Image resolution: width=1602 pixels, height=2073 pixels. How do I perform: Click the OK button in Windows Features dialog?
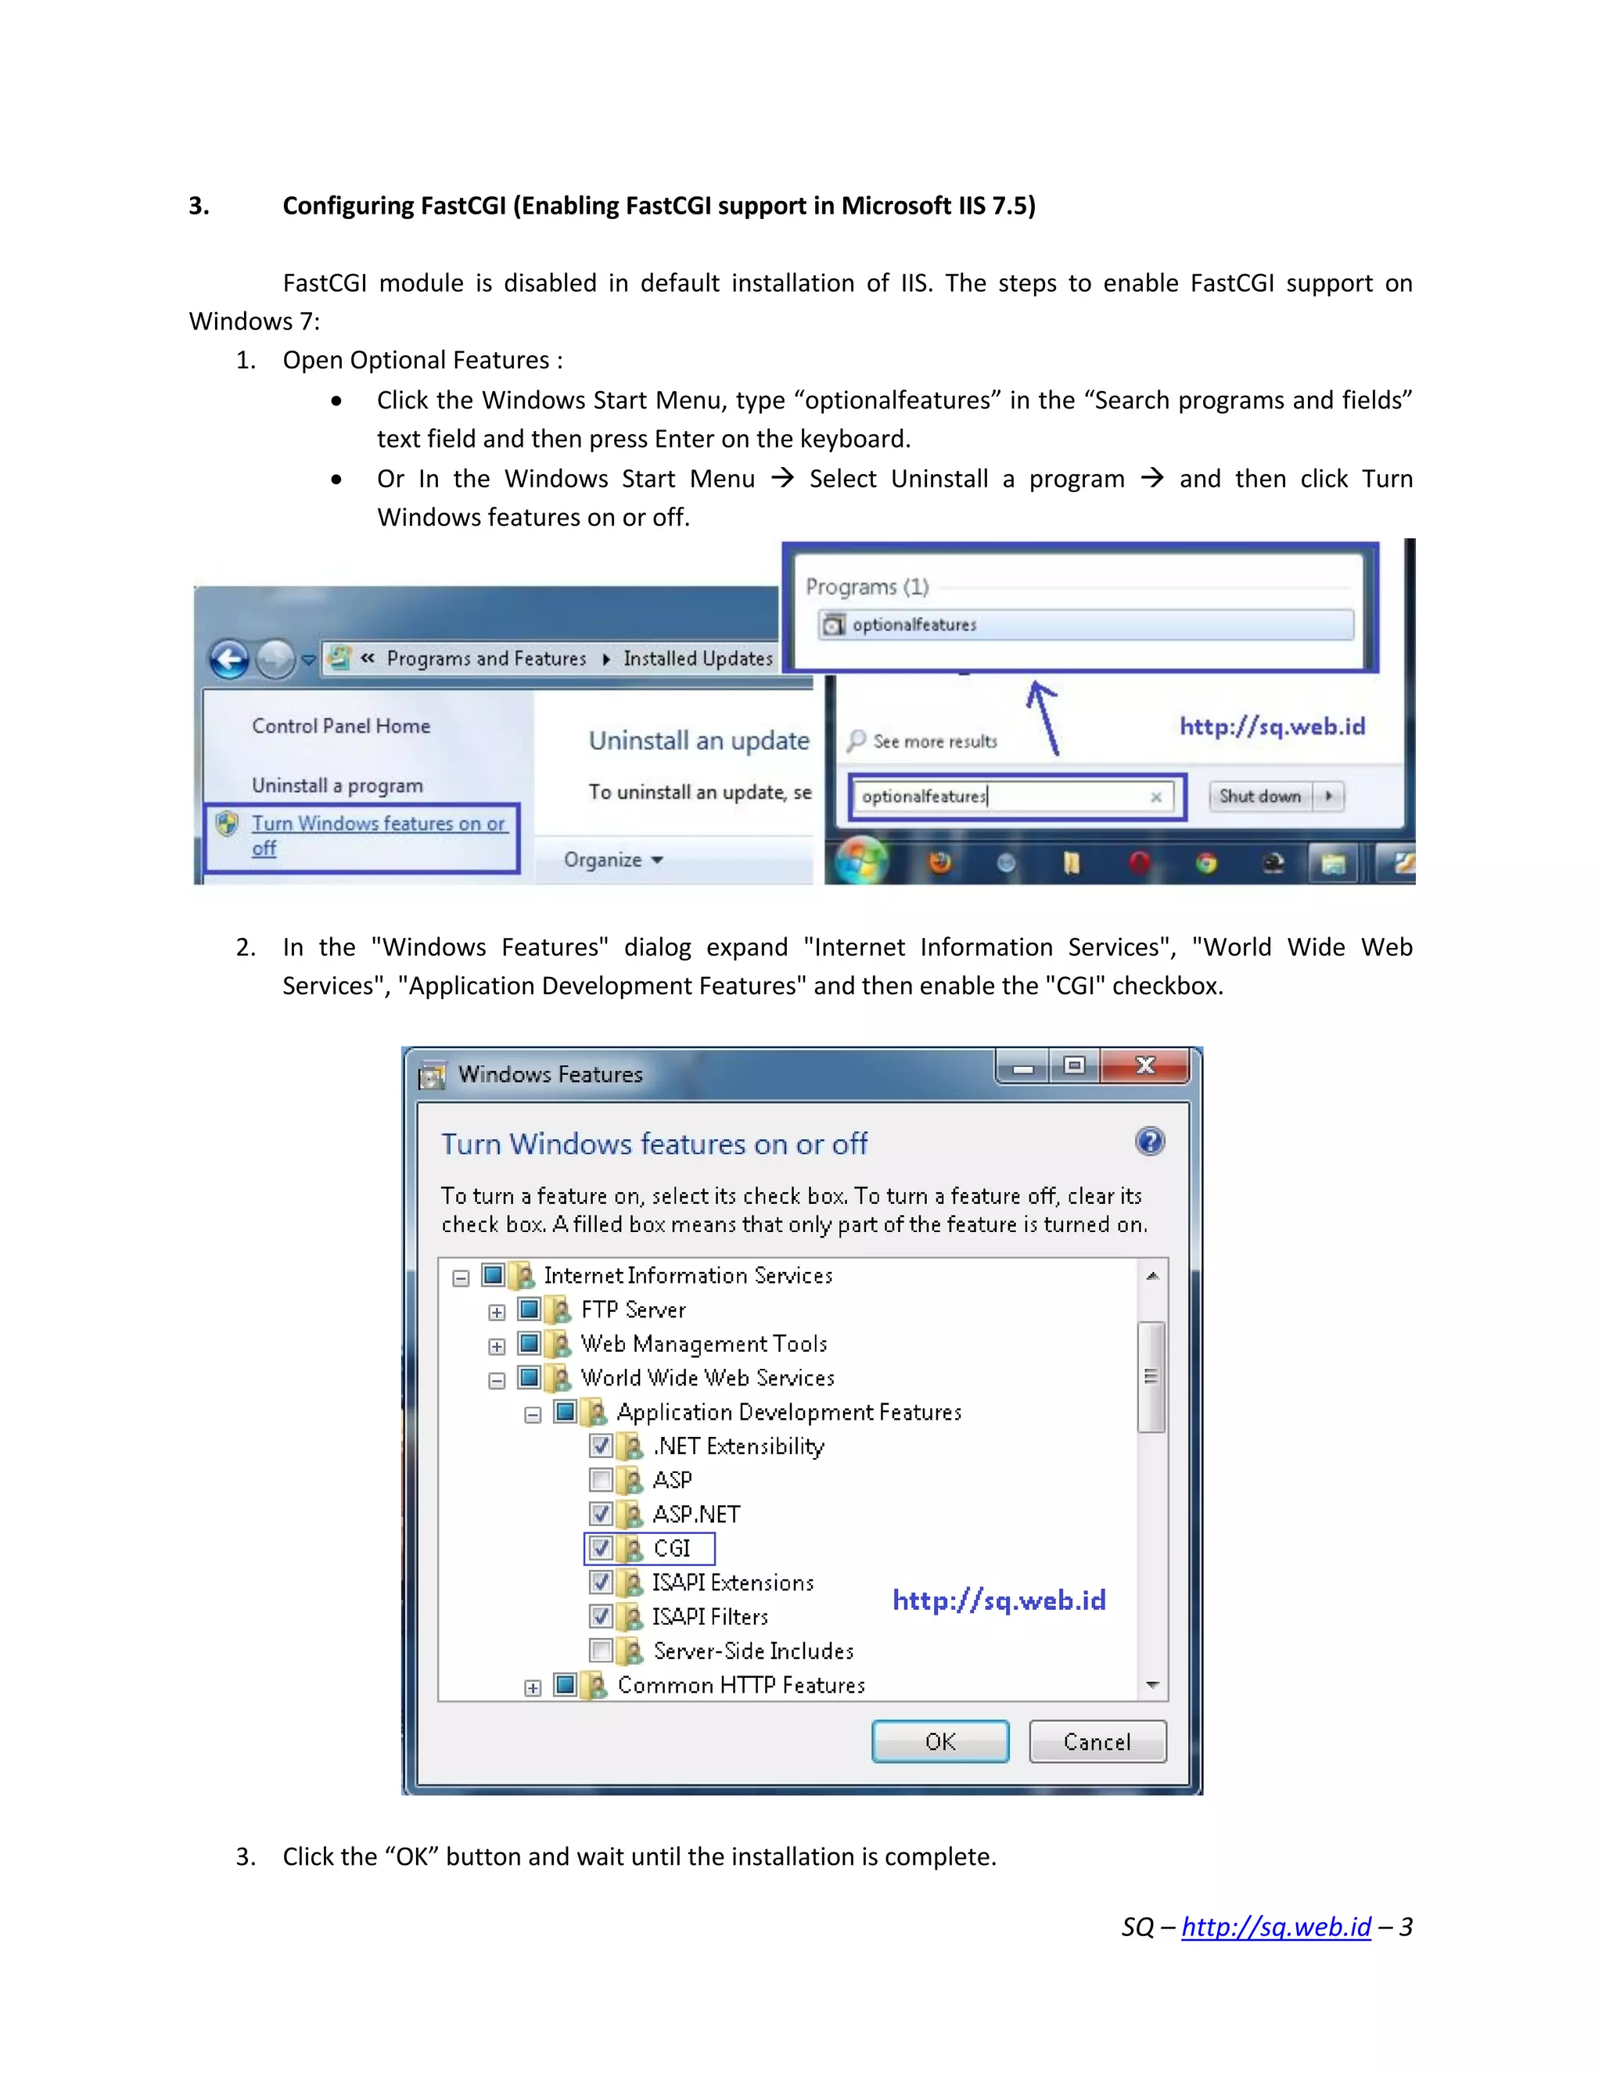tap(939, 1741)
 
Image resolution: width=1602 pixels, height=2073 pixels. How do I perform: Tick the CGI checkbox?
tap(601, 1548)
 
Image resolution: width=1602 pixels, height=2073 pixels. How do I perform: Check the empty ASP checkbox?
tap(601, 1480)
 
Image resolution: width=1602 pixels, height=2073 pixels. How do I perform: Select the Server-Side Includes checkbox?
tap(601, 1651)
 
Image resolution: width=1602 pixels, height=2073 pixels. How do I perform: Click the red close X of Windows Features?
tap(1144, 1066)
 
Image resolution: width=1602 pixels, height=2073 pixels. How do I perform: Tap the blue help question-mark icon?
tap(1149, 1141)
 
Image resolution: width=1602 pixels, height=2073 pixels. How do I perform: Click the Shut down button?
tap(1259, 796)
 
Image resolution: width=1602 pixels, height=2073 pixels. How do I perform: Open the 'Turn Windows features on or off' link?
tap(378, 824)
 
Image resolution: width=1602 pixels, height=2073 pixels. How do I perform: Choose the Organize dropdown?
tap(613, 860)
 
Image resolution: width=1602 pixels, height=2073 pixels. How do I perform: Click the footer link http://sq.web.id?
tap(1276, 1926)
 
